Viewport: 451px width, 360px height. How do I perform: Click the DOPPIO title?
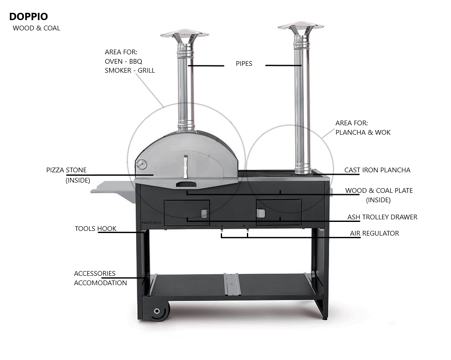tap(29, 17)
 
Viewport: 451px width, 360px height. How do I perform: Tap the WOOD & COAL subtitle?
tap(36, 28)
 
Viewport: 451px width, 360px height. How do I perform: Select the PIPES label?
tap(244, 64)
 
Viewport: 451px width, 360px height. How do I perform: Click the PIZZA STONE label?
tap(66, 170)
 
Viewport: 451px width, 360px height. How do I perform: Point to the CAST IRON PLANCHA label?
tap(377, 170)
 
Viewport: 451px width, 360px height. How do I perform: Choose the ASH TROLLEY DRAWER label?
tap(382, 217)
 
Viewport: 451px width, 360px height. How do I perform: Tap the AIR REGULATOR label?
tap(374, 233)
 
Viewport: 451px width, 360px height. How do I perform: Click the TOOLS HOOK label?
tap(95, 228)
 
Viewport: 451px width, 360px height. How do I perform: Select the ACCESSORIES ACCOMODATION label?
tap(101, 278)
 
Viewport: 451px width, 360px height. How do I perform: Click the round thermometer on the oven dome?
tap(141, 165)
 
